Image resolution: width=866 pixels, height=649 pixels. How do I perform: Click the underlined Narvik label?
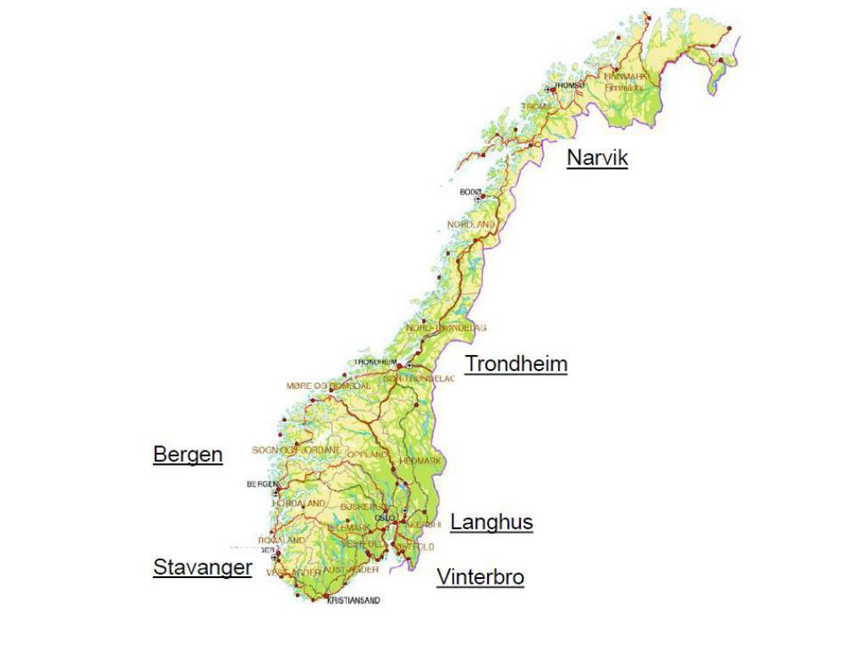pyautogui.click(x=597, y=157)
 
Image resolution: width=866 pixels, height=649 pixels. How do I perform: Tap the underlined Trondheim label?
pyautogui.click(x=516, y=364)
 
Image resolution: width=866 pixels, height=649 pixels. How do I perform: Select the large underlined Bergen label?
pyautogui.click(x=188, y=455)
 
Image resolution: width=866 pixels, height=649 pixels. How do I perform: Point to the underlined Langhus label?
pyautogui.click(x=491, y=522)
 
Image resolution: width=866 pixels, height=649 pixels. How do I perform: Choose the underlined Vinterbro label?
pyautogui.click(x=480, y=578)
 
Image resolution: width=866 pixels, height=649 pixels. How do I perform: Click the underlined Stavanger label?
pyautogui.click(x=202, y=567)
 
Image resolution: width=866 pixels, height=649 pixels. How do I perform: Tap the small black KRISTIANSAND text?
pyautogui.click(x=353, y=601)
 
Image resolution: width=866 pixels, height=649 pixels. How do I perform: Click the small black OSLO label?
pyautogui.click(x=385, y=517)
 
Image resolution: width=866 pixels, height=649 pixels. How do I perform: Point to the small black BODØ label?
pyautogui.click(x=470, y=193)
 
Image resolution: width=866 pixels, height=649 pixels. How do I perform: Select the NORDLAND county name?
pyautogui.click(x=471, y=225)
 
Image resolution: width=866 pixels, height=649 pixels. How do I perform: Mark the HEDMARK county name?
pyautogui.click(x=421, y=461)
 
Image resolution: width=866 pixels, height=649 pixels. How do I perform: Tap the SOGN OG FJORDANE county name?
pyautogui.click(x=296, y=450)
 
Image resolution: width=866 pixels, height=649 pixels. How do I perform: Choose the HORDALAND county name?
pyautogui.click(x=298, y=503)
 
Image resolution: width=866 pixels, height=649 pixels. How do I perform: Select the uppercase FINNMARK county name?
pyautogui.click(x=625, y=76)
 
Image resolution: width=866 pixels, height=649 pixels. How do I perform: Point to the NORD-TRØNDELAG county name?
pyautogui.click(x=446, y=327)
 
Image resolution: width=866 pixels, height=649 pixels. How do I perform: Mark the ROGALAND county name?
pyautogui.click(x=282, y=540)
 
